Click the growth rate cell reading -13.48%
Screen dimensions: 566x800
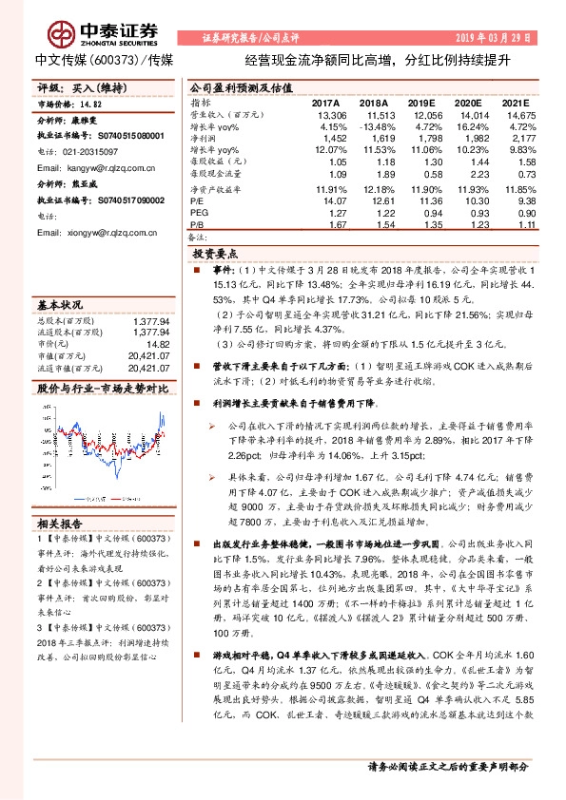point(374,126)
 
